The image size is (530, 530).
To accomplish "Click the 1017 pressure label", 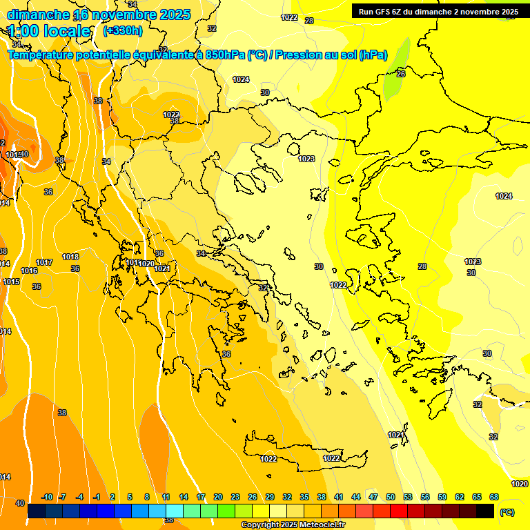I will click(x=44, y=262).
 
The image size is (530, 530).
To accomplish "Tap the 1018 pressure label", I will click(x=70, y=257).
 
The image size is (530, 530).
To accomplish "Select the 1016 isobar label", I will click(x=29, y=271).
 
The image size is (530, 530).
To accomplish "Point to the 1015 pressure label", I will click(x=11, y=282).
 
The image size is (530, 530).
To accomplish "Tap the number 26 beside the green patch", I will click(x=401, y=73).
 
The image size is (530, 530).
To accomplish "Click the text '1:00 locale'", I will click(x=49, y=31).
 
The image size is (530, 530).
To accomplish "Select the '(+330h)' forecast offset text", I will click(x=123, y=30).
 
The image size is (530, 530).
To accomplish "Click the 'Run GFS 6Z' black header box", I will click(x=438, y=11).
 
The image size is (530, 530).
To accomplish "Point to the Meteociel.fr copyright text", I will click(x=293, y=525).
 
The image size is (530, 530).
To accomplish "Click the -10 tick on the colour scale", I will click(x=47, y=497).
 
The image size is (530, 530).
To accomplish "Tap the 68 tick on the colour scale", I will click(x=494, y=497).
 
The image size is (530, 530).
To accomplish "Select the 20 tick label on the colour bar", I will click(x=218, y=497).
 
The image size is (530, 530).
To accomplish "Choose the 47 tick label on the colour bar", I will click(x=373, y=497).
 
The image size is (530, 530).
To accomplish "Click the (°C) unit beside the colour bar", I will click(x=507, y=512).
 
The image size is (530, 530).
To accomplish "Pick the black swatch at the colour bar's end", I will click(x=485, y=511).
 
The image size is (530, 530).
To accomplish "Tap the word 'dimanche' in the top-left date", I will click(x=38, y=14).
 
